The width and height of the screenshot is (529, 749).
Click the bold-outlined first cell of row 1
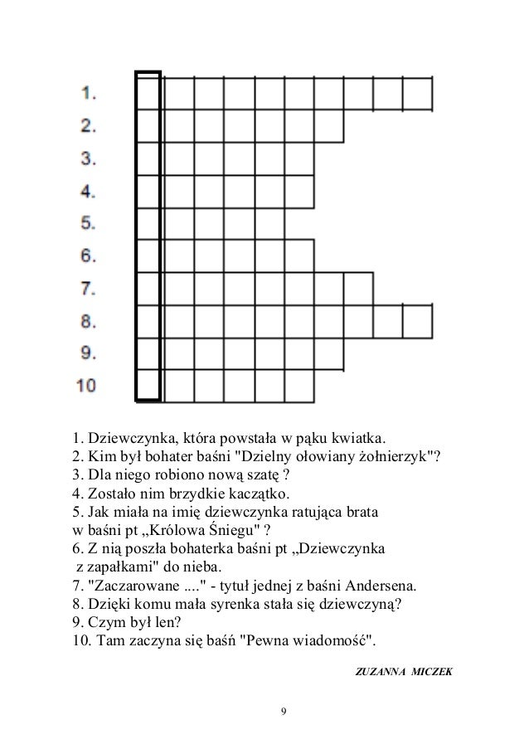pyautogui.click(x=148, y=93)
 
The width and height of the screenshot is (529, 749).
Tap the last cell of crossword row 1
pyautogui.click(x=418, y=93)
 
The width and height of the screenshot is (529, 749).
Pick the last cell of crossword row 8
pyautogui.click(x=418, y=321)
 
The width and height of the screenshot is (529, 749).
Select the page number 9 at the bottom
pyautogui.click(x=284, y=712)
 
